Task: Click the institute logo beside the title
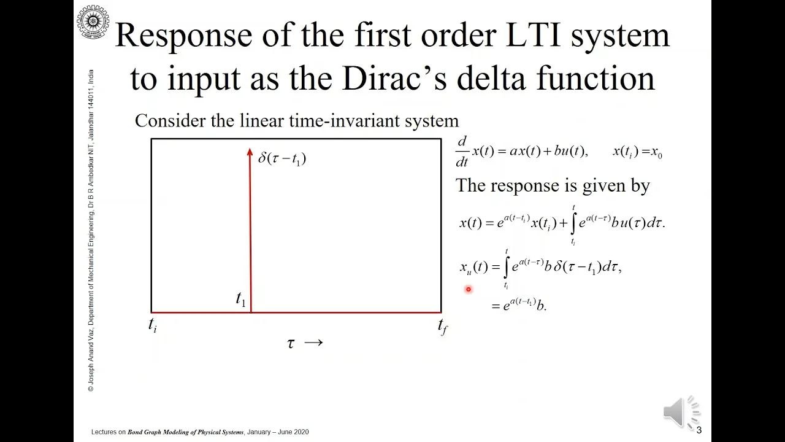(x=93, y=21)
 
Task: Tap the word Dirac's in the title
(x=394, y=78)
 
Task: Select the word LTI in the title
(x=533, y=35)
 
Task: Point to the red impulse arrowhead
(x=250, y=152)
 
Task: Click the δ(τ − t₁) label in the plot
(x=282, y=158)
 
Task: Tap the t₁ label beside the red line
(x=241, y=299)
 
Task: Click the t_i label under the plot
(x=153, y=325)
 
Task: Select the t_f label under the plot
(x=443, y=326)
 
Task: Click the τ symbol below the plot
(x=291, y=343)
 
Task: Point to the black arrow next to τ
(x=313, y=343)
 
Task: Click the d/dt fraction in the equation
(x=462, y=152)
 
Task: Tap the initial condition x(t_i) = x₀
(x=637, y=152)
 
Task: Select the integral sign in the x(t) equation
(x=573, y=223)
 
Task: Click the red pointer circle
(x=468, y=289)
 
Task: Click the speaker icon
(x=681, y=413)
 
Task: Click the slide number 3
(x=699, y=430)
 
